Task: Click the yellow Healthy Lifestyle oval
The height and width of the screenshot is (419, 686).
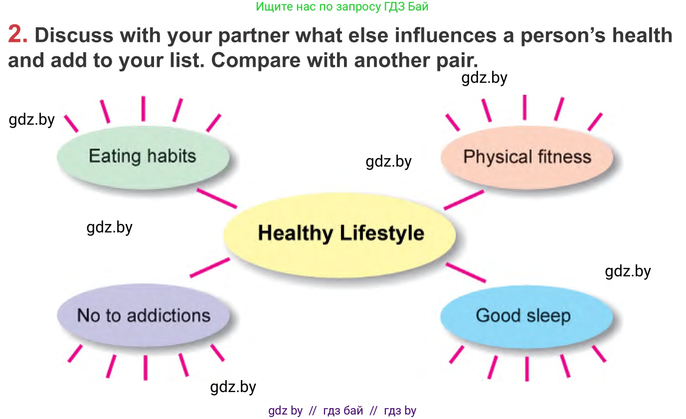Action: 340,235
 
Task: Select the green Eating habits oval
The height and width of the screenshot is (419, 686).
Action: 143,157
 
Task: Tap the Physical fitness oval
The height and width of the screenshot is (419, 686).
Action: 527,157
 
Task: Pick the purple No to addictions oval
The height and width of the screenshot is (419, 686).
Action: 143,315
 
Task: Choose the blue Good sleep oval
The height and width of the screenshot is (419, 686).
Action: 527,317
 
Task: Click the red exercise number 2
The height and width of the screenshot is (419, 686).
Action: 17,34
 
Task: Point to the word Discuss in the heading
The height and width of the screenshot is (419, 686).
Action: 74,35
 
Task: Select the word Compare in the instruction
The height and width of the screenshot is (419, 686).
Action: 256,61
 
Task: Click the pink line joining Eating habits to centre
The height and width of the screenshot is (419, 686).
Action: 217,199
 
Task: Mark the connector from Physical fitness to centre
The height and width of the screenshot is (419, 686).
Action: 464,200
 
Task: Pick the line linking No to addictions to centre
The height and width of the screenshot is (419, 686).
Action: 210,267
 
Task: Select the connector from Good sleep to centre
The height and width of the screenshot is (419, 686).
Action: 466,272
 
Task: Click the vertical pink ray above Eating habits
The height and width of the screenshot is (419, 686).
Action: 143,109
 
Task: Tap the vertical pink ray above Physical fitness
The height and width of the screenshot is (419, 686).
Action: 524,107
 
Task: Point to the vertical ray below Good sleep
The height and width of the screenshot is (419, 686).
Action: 527,369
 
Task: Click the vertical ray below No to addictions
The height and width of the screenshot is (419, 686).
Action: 146,368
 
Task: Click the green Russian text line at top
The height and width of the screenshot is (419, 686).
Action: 342,6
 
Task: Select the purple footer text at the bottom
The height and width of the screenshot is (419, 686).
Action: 342,411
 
